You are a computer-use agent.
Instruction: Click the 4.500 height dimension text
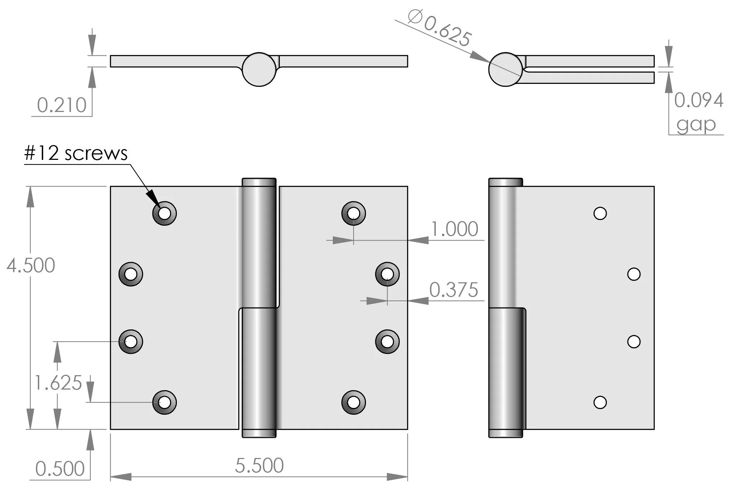click(31, 266)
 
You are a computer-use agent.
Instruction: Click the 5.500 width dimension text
click(259, 466)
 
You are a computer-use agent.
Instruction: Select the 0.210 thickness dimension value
click(62, 105)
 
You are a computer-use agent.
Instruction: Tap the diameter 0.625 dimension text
click(439, 28)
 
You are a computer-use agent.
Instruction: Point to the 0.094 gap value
click(698, 100)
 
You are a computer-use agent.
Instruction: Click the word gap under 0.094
click(696, 125)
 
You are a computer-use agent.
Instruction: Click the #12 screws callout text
click(76, 153)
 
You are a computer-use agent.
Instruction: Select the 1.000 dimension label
click(455, 229)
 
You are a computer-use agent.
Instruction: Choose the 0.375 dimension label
click(453, 290)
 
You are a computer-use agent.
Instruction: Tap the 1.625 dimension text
click(58, 383)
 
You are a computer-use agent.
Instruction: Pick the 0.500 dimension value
click(60, 469)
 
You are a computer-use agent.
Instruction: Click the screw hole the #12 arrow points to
click(165, 213)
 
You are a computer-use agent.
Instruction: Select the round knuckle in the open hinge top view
click(259, 69)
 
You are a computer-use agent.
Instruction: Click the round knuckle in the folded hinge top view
click(505, 69)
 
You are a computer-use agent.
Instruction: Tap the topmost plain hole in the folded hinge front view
click(600, 213)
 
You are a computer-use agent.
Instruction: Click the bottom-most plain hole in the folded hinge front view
click(600, 402)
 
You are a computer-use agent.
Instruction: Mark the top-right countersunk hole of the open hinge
click(353, 213)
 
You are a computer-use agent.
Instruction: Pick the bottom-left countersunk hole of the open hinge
click(165, 402)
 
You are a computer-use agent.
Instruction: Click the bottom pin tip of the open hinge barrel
click(259, 433)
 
